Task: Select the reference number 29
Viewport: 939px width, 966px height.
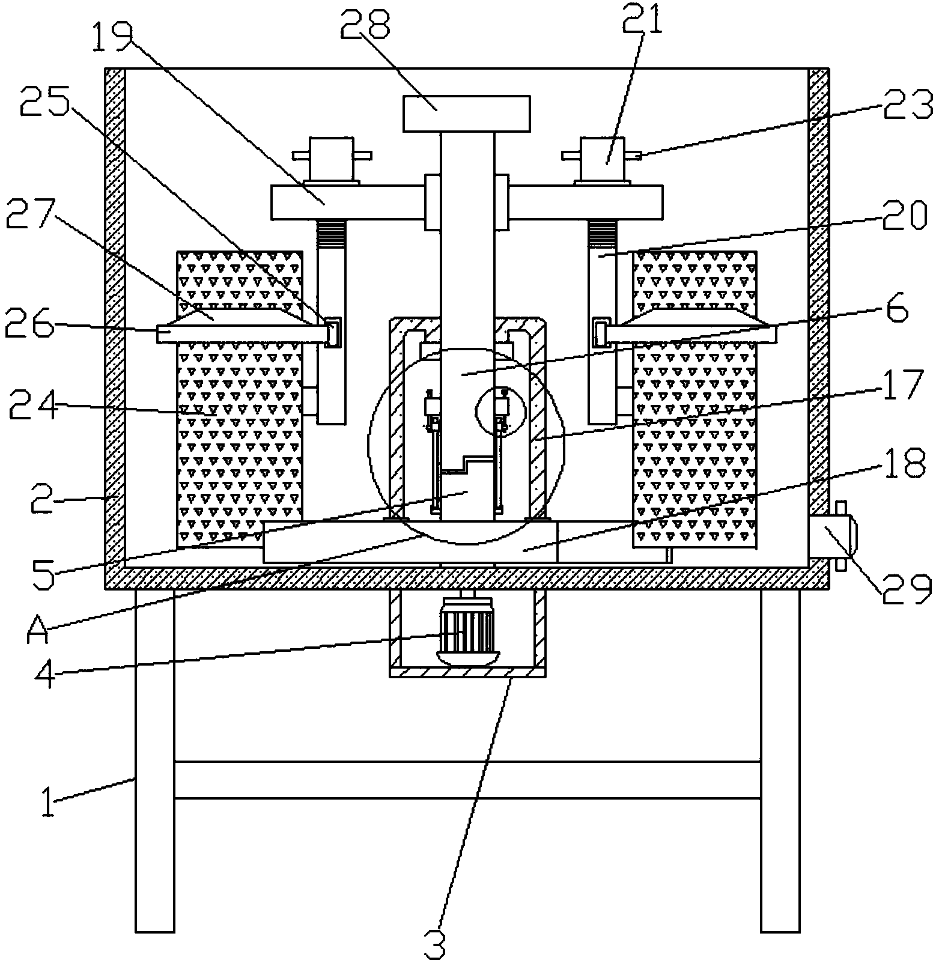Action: tap(907, 590)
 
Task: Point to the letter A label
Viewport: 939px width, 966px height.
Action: tap(37, 629)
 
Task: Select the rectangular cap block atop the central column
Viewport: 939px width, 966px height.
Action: tap(467, 114)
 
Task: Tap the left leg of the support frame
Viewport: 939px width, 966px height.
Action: tap(155, 761)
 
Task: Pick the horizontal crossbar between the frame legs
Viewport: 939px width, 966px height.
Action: tap(467, 780)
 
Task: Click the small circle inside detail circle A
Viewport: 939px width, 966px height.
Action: tap(500, 412)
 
